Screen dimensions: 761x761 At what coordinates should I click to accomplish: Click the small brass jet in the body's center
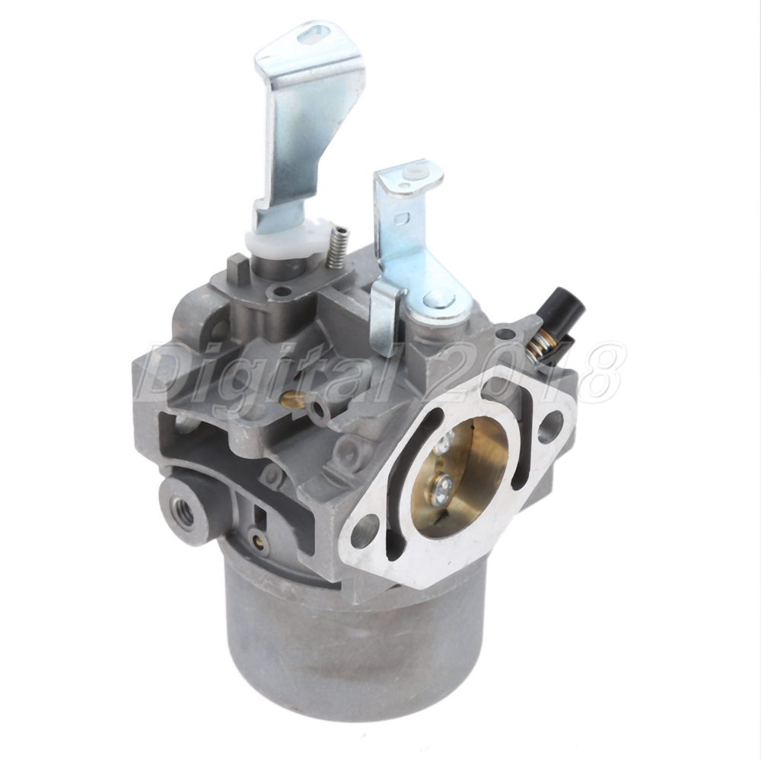pyautogui.click(x=291, y=400)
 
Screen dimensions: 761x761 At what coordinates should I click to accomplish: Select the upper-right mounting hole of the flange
pyautogui.click(x=549, y=425)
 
